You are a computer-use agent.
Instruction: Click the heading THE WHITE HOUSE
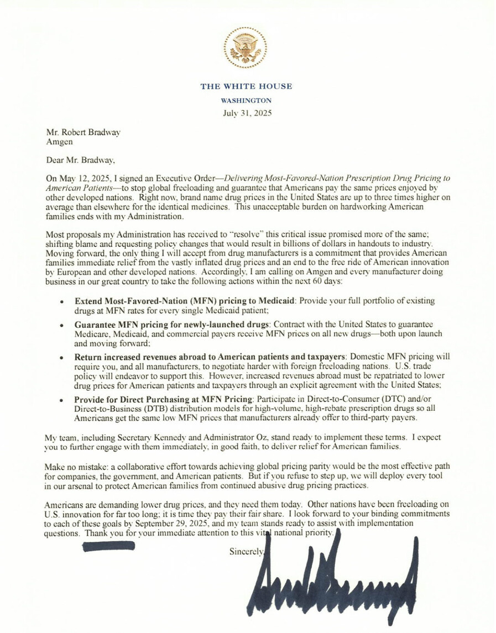point(246,87)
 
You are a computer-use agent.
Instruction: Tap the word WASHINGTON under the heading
point(246,101)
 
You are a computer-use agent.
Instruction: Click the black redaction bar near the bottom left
point(108,546)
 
